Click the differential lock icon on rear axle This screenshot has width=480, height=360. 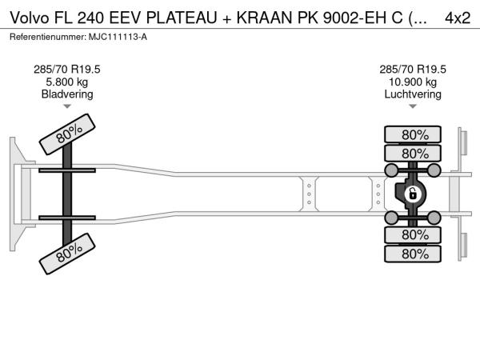413,194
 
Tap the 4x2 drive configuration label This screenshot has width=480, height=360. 458,18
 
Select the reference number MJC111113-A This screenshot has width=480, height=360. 118,37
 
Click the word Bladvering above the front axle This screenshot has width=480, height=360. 67,94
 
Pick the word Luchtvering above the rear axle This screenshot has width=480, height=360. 413,94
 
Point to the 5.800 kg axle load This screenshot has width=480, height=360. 67,82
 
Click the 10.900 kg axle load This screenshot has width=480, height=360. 413,82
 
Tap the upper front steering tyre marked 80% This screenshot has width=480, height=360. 67,134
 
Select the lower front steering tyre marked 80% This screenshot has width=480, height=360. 67,254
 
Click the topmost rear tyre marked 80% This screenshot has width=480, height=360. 413,134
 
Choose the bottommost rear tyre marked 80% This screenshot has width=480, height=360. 413,254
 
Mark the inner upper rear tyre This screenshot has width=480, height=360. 413,154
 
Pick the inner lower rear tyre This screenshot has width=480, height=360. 413,234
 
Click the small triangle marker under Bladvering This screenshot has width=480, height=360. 67,106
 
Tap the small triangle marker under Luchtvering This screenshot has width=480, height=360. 413,106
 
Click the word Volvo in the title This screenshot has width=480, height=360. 30,18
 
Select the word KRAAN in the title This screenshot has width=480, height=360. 264,18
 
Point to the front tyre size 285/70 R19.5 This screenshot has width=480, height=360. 67,70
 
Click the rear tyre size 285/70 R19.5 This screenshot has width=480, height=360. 413,70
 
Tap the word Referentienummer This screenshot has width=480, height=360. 48,37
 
